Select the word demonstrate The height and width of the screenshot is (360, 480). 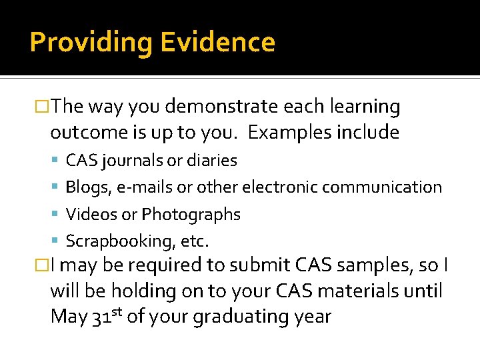(x=221, y=107)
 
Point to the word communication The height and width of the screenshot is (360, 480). (x=389, y=187)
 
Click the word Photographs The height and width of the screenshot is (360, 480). (x=191, y=215)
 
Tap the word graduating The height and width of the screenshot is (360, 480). (x=250, y=317)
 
